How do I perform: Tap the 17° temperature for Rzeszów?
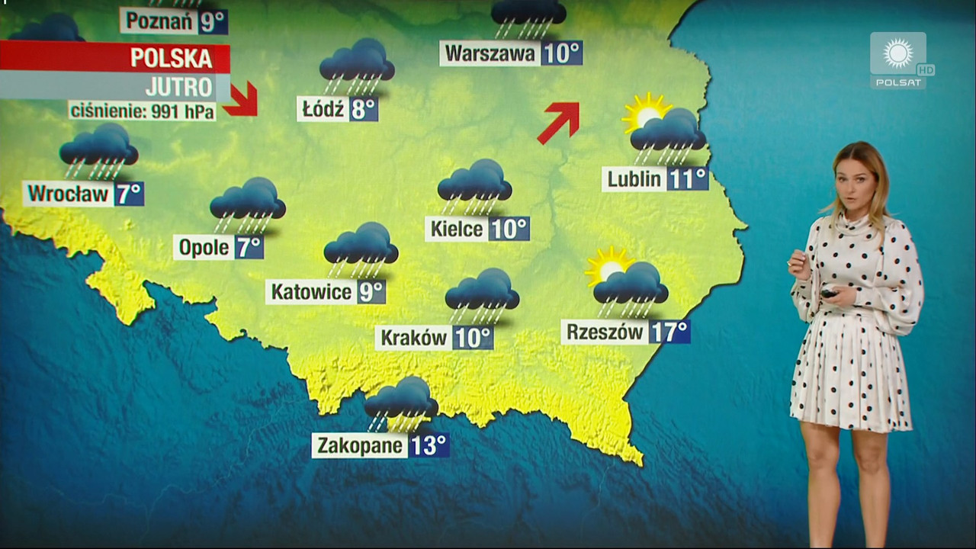tap(670, 332)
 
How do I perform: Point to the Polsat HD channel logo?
tap(900, 59)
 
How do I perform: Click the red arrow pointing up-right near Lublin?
tap(559, 122)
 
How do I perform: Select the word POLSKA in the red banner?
tap(171, 58)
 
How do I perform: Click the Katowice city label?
tap(311, 292)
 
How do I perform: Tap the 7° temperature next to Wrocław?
tap(129, 194)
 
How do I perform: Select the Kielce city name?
tap(457, 229)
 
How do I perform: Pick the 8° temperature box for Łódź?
tap(364, 110)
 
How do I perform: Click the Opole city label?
tap(204, 247)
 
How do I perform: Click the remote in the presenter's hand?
tap(829, 293)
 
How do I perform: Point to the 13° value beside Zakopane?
tap(429, 445)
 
